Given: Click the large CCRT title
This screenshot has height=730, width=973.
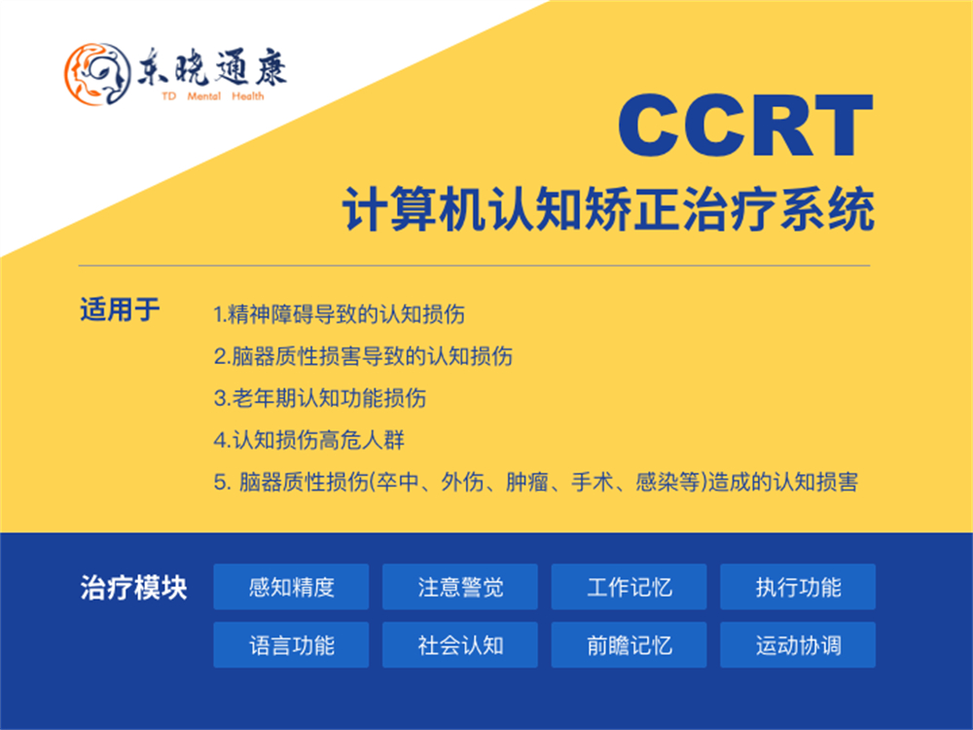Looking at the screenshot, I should click(x=744, y=127).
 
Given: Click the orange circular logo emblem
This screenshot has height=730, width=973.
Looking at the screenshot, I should click(x=94, y=72).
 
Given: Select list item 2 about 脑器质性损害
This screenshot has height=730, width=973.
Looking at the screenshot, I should click(x=363, y=356).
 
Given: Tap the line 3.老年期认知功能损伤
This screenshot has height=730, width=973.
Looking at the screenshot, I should click(x=319, y=398).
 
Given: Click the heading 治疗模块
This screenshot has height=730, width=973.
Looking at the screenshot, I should click(x=133, y=589).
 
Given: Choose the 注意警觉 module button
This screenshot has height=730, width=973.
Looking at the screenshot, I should click(x=460, y=587).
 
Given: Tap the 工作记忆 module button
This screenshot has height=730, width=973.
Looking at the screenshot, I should click(x=630, y=587).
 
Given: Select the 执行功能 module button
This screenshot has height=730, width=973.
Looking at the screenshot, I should click(x=798, y=587).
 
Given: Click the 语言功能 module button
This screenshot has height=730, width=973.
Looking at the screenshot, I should click(x=291, y=645).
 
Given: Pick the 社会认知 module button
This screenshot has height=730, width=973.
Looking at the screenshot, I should click(x=460, y=645).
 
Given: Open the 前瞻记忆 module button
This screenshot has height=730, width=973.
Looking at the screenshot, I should click(x=630, y=645).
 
